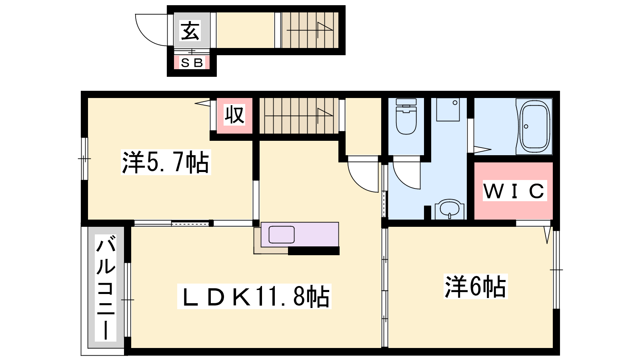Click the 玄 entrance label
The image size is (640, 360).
pos(190,30)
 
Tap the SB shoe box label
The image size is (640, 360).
pos(192,62)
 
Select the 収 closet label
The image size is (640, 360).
pos(234,115)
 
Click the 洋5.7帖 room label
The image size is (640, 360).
pos(166,162)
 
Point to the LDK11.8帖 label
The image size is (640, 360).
pos(254,296)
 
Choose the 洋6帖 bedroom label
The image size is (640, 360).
pos(476,286)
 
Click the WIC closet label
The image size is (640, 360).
pos(514,190)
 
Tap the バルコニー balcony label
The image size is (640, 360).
pos(106,288)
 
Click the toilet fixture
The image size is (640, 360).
pos(406,116)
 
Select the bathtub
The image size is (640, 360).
pos(534,126)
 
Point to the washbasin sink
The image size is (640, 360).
pos(450,209)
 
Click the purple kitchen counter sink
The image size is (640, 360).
pos(282,234)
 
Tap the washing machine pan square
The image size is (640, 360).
pos(448,110)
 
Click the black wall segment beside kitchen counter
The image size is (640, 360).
pos(314,251)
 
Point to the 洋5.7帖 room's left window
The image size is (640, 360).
pos(84,158)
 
